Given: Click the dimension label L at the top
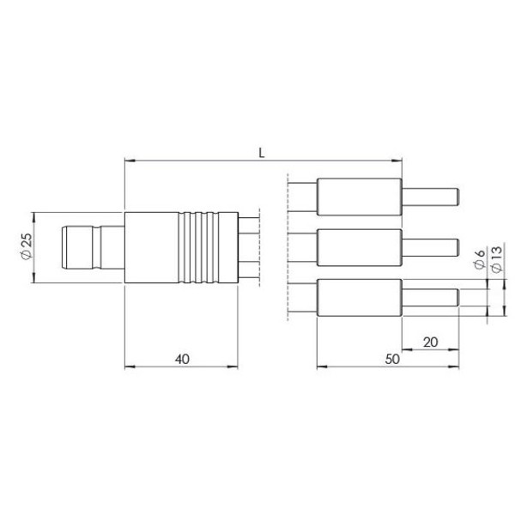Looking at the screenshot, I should point(262,151).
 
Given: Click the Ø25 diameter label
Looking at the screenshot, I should point(25,247).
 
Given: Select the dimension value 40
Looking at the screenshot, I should point(181,360).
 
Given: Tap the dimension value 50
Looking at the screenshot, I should point(390,360).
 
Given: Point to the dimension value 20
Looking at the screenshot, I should point(430,342).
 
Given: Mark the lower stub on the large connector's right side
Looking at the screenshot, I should point(248,268).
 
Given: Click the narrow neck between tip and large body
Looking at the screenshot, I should point(111,247).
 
